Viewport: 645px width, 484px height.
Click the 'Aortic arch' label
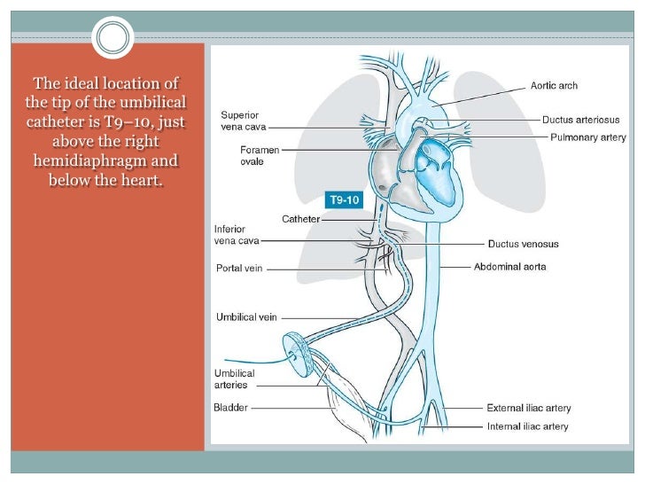554,86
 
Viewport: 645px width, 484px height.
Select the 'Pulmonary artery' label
587,137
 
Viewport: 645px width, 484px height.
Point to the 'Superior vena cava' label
241,121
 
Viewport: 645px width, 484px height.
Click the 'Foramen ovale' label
259,156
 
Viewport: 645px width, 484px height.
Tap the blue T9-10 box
344,200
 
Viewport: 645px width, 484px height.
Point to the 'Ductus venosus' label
523,244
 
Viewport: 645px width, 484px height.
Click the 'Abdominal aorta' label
510,266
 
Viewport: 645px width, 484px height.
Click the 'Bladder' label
230,408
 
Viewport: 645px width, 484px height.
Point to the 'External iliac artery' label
528,409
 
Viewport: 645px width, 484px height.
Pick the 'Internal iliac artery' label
527,426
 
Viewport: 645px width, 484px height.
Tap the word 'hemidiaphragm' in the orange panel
106,161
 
